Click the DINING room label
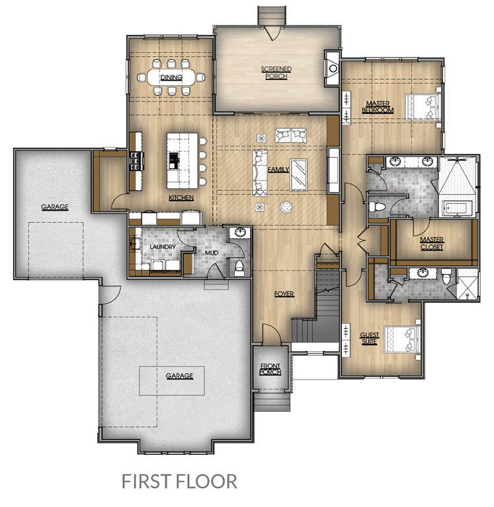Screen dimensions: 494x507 coord(171,77)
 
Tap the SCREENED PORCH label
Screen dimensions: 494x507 coord(276,73)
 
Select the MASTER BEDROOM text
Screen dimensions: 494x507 coord(378,107)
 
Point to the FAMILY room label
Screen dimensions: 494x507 coord(278,169)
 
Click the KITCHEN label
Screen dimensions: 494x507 coord(181,197)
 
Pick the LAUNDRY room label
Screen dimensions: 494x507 coord(163,247)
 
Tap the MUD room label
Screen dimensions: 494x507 coord(212,253)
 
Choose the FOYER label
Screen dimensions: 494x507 coord(284,294)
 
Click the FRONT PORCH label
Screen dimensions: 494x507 coord(270,369)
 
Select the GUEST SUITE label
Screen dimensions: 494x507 coord(369,338)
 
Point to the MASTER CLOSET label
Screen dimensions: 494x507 coord(432,244)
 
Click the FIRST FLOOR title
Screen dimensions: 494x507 coord(179,481)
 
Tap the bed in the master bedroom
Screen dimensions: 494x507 coord(423,107)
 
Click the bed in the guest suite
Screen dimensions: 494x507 coord(402,339)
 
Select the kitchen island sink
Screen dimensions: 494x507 coord(174,160)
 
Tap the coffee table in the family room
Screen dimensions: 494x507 coord(298,175)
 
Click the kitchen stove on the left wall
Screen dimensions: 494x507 coord(136,160)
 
